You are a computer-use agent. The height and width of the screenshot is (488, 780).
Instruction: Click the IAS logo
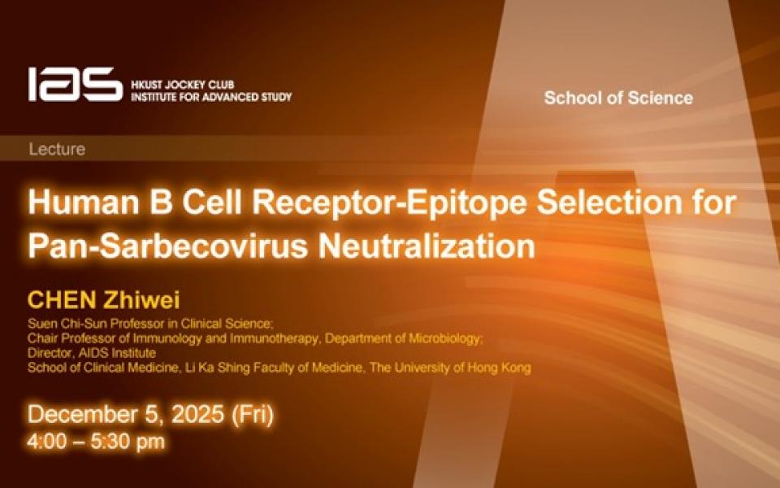point(75,84)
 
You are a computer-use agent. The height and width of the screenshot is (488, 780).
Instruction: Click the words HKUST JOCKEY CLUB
point(183,85)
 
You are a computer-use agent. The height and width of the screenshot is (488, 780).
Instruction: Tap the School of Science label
point(618,98)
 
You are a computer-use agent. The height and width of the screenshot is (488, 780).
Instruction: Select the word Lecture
point(57,149)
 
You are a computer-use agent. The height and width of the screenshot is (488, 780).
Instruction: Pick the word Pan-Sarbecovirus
point(168,246)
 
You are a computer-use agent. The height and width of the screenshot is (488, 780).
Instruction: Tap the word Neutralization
point(427,246)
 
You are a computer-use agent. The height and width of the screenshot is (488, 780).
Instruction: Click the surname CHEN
point(62,300)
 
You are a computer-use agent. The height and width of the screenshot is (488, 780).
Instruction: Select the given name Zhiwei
point(141,300)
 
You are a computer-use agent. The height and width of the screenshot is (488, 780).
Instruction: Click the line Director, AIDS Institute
point(92,353)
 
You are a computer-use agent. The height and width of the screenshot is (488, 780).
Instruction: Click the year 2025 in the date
point(197,414)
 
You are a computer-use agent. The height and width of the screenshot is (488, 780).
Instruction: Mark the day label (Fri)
point(253,415)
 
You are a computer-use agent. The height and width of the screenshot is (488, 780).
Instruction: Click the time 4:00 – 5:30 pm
point(96,441)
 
